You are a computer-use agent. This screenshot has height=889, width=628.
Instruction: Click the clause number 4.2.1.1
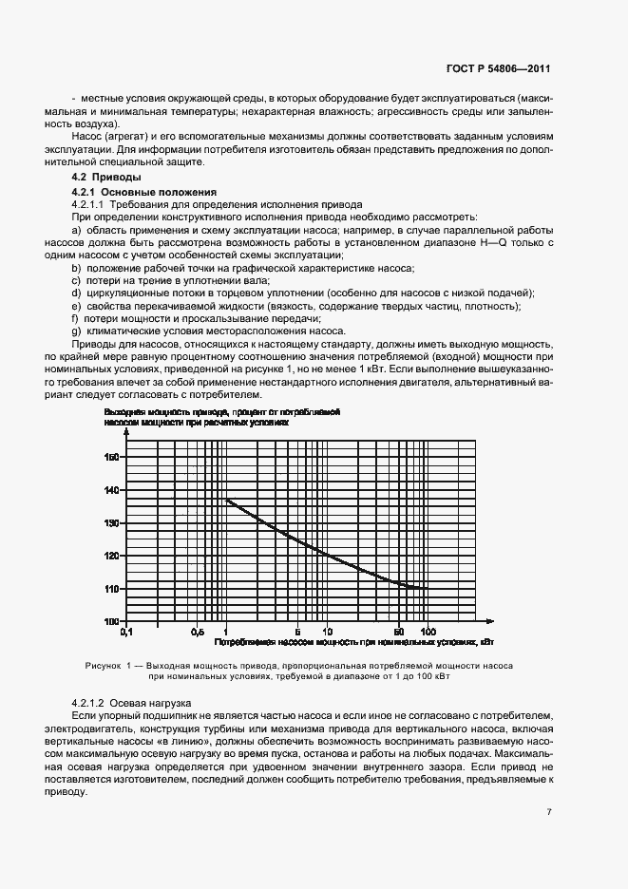[x=88, y=204]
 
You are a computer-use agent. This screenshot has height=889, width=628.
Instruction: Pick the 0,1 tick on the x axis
[x=124, y=631]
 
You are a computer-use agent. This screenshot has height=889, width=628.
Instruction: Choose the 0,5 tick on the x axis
[x=197, y=631]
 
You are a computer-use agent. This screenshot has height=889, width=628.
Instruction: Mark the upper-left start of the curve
[x=226, y=500]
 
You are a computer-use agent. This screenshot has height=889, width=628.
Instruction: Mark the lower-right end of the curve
[x=428, y=588]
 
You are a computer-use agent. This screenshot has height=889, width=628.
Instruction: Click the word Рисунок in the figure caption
[x=104, y=667]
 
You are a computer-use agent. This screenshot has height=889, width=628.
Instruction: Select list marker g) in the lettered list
[x=75, y=331]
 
